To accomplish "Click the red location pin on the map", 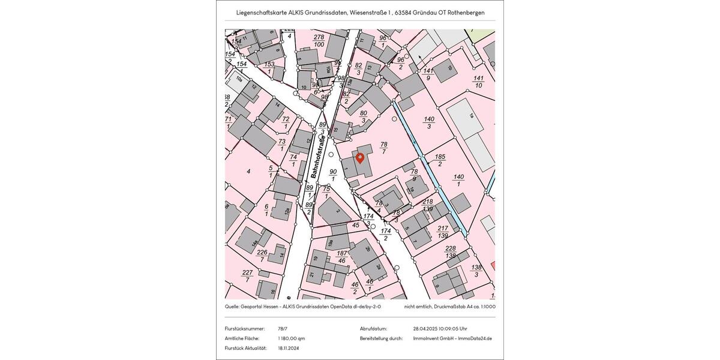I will point(360,158).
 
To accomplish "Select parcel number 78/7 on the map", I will point(384,148).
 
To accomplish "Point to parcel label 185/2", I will point(440,160).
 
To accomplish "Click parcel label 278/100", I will point(319,41).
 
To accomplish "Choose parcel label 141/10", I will point(478,82).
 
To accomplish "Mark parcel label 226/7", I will point(262,256).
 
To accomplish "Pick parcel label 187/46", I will point(341,257).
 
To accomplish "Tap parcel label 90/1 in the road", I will point(333,175).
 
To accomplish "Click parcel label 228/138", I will point(450,252).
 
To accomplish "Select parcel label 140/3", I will point(429,122).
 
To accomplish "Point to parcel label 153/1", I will point(269,68).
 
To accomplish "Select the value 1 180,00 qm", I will point(292,338).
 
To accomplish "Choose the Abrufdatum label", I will point(373,329).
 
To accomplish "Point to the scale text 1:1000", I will point(487,307).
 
